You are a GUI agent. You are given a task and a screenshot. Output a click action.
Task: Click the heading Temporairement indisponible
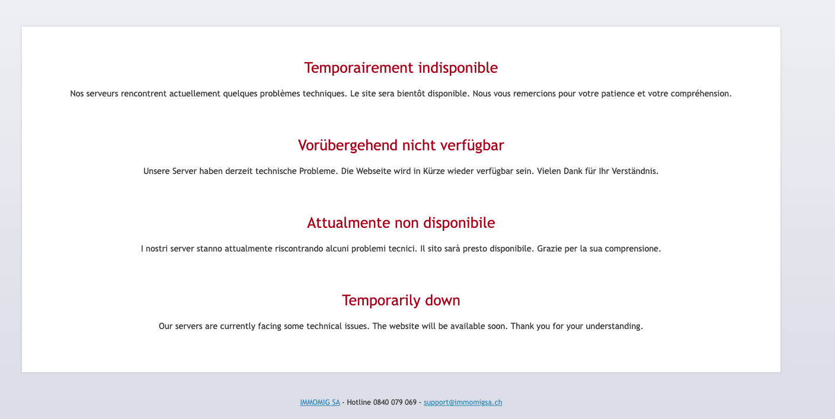(x=401, y=67)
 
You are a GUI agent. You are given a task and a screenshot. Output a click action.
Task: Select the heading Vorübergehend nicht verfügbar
(x=401, y=146)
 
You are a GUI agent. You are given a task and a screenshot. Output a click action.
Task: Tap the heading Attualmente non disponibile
(x=401, y=223)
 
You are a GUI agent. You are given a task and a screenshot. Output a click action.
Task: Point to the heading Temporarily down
(x=401, y=300)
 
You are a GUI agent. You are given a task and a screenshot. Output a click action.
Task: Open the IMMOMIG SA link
(x=320, y=402)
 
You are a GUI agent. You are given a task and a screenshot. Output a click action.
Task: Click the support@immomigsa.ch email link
(x=463, y=402)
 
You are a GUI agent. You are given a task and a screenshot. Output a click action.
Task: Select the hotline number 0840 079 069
(x=395, y=402)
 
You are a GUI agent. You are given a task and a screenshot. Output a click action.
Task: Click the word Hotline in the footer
(x=359, y=402)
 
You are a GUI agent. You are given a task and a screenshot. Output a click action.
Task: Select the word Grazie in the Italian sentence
(x=549, y=249)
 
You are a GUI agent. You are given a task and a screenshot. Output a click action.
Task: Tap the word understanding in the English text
(x=614, y=327)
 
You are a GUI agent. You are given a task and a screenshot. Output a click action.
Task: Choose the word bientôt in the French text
(x=411, y=94)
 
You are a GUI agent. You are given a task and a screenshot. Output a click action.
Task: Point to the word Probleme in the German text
(x=318, y=171)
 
